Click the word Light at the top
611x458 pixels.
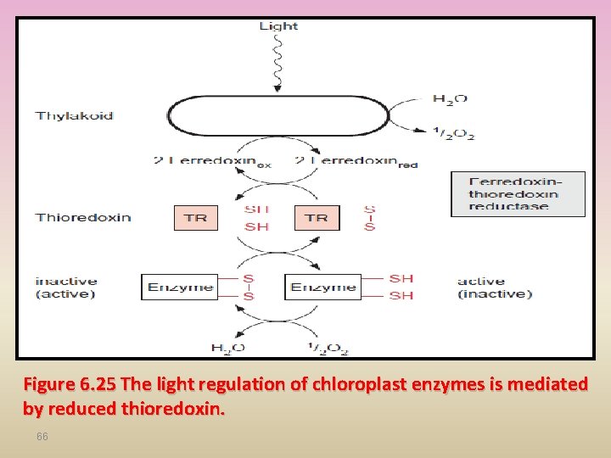tap(278, 26)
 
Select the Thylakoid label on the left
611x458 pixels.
tap(74, 115)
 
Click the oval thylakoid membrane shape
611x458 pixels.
tap(278, 117)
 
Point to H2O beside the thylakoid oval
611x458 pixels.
tap(450, 99)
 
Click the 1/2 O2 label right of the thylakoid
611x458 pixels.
tap(454, 133)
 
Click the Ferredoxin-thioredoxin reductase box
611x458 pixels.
tap(518, 194)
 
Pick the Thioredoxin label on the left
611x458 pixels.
tap(83, 217)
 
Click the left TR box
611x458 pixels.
tap(196, 218)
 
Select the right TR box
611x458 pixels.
tap(317, 218)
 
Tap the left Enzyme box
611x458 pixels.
tap(179, 287)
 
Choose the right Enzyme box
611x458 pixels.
tap(322, 287)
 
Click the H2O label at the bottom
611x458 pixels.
tap(228, 348)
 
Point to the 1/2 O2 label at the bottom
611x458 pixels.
tap(328, 348)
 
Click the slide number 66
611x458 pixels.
tap(42, 436)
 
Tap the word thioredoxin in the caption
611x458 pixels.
tap(173, 410)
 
